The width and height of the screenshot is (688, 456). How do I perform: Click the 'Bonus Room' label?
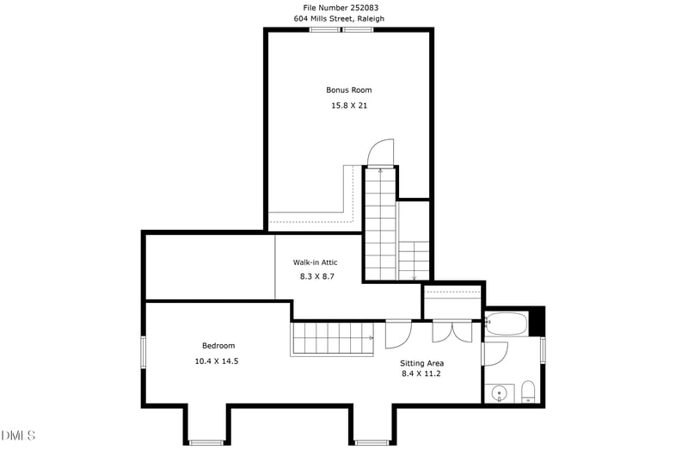(x=348, y=89)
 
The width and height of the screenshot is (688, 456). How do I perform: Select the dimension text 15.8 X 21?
(x=349, y=105)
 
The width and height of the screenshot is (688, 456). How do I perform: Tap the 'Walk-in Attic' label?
(x=315, y=262)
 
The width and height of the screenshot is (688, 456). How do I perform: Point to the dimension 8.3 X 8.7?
(x=316, y=276)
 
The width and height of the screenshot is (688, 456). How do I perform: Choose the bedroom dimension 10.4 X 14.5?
(x=216, y=361)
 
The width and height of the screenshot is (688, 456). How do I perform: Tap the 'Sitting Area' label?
(x=422, y=363)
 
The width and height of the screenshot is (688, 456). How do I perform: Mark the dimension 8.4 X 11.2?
(x=422, y=373)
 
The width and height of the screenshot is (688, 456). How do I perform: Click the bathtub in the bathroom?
(x=506, y=325)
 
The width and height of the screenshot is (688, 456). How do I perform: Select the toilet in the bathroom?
(x=528, y=393)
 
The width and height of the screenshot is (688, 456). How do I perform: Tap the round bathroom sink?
(x=498, y=394)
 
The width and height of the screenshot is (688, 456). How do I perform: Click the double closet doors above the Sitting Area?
(x=453, y=331)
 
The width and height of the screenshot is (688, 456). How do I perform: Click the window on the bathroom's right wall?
(x=543, y=351)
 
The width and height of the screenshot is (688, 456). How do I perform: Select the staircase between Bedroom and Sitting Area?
(x=333, y=337)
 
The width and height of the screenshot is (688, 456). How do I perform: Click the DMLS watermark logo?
(x=19, y=435)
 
